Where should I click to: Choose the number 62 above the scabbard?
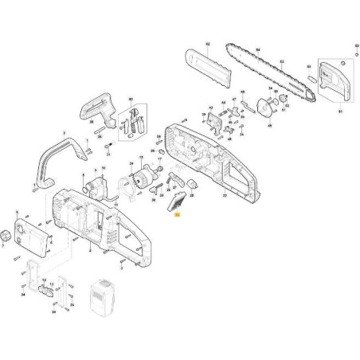pos(206,41)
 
